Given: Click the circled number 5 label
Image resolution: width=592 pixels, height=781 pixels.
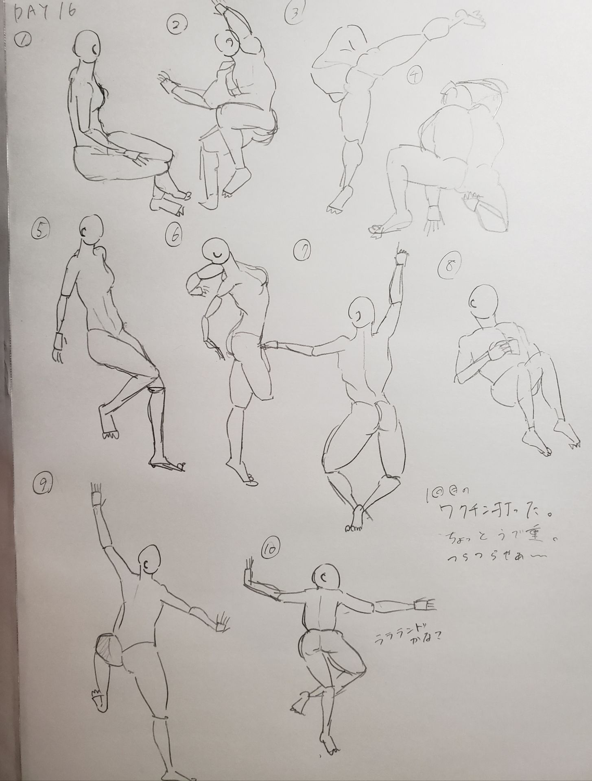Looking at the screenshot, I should tap(39, 231).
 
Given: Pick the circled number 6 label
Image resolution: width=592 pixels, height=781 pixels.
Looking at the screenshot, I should tap(175, 235).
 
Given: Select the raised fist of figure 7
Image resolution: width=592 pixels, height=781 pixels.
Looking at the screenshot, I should tap(402, 257).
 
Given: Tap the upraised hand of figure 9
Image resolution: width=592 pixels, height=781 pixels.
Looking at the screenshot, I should tap(96, 495).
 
